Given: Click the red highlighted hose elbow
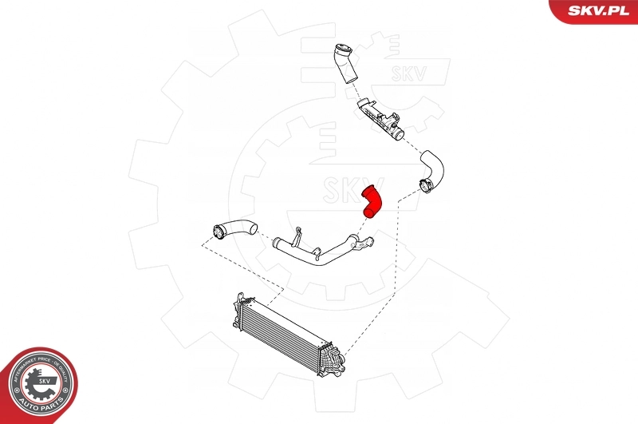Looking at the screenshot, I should click(372, 200).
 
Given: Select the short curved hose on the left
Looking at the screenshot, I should click(233, 229).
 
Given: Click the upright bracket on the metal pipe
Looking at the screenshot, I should click(297, 236).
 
